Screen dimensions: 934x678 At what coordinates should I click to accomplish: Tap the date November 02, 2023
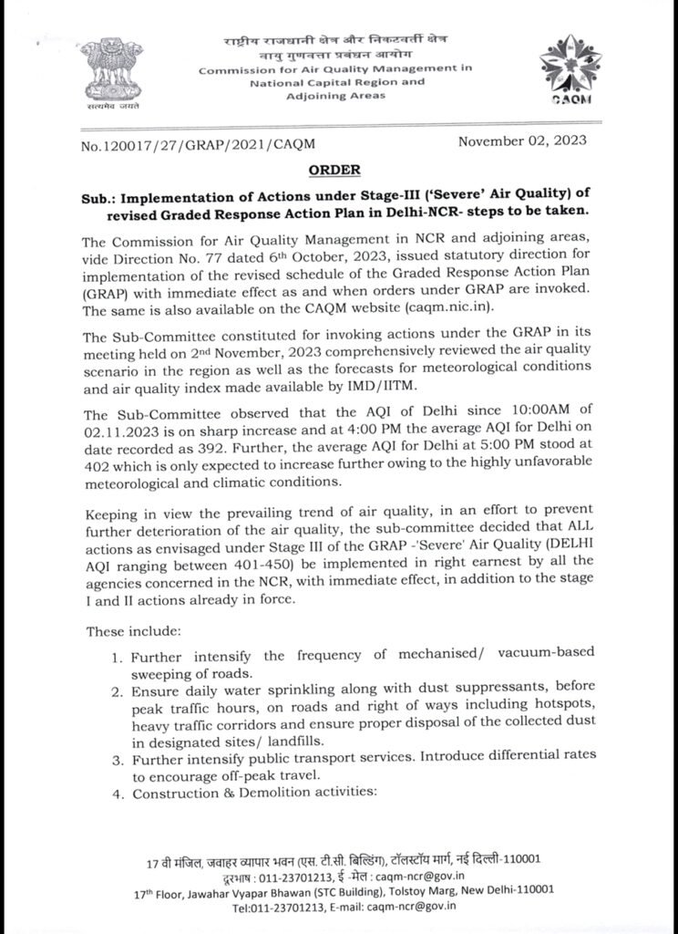pyautogui.click(x=522, y=141)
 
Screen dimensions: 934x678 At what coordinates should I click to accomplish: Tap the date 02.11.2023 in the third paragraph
pyautogui.click(x=124, y=424)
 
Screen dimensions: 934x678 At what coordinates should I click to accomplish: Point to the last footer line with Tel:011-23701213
pyautogui.click(x=344, y=907)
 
